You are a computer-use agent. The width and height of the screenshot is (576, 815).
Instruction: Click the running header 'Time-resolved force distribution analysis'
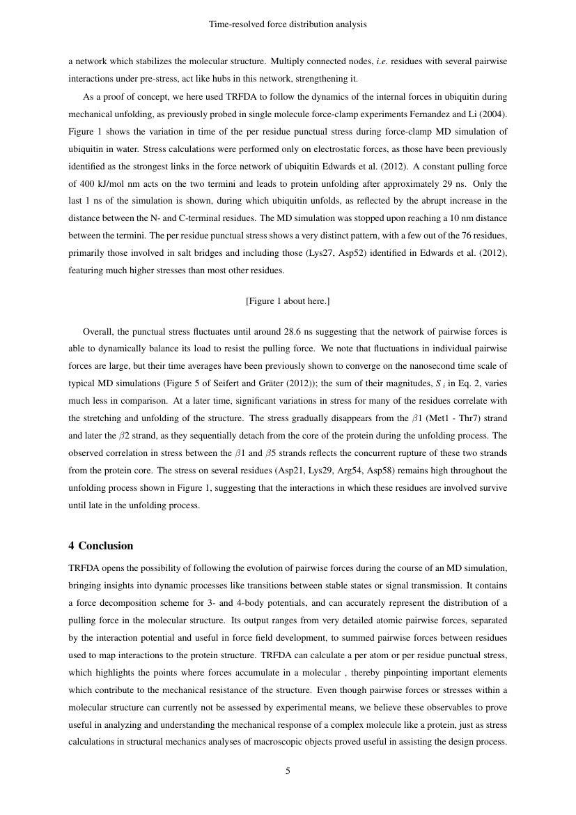tap(288, 24)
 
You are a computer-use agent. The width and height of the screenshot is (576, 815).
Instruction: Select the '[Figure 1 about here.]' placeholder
tap(288, 300)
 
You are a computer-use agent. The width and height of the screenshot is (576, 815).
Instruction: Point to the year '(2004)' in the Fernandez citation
tap(493, 113)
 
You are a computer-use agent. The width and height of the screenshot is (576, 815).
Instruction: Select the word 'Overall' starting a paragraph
tap(98, 332)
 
